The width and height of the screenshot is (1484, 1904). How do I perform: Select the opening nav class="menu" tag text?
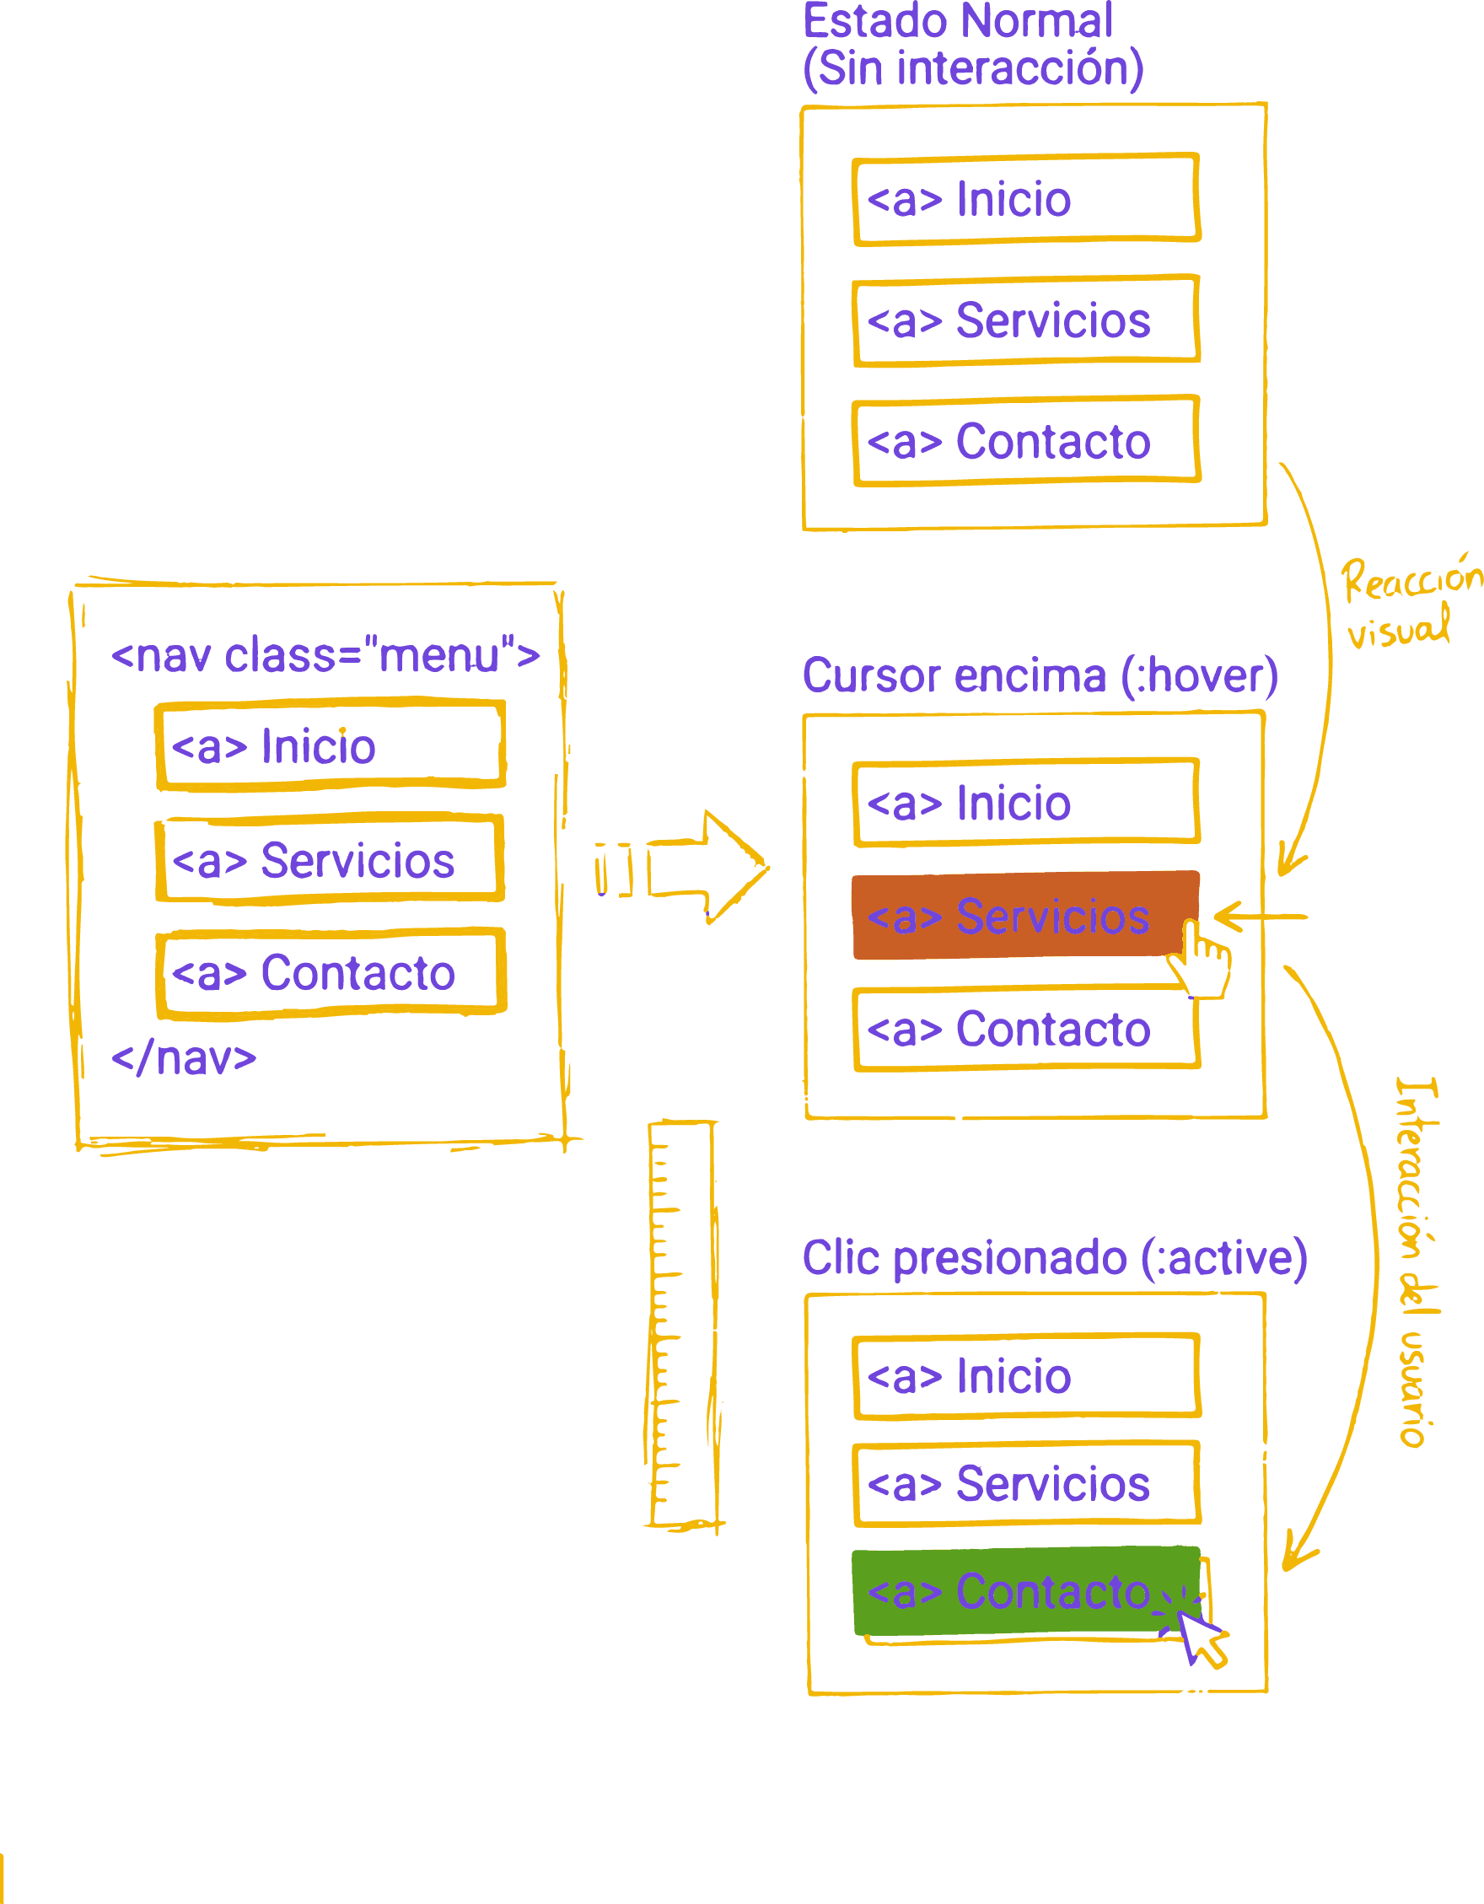[325, 655]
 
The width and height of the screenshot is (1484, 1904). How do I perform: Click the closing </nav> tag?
[184, 1057]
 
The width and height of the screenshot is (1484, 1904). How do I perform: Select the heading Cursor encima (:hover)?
[1040, 676]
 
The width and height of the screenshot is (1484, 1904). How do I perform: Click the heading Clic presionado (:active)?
[1054, 1258]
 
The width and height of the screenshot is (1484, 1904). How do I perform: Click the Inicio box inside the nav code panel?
[330, 746]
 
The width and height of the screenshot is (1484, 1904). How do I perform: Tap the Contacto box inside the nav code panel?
[331, 973]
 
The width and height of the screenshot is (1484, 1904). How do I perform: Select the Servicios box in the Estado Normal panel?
[1025, 320]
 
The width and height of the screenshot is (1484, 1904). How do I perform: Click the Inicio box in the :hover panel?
[1025, 802]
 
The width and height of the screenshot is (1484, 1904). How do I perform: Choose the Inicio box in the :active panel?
[1025, 1375]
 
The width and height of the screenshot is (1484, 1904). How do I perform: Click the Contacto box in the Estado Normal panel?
[1025, 441]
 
